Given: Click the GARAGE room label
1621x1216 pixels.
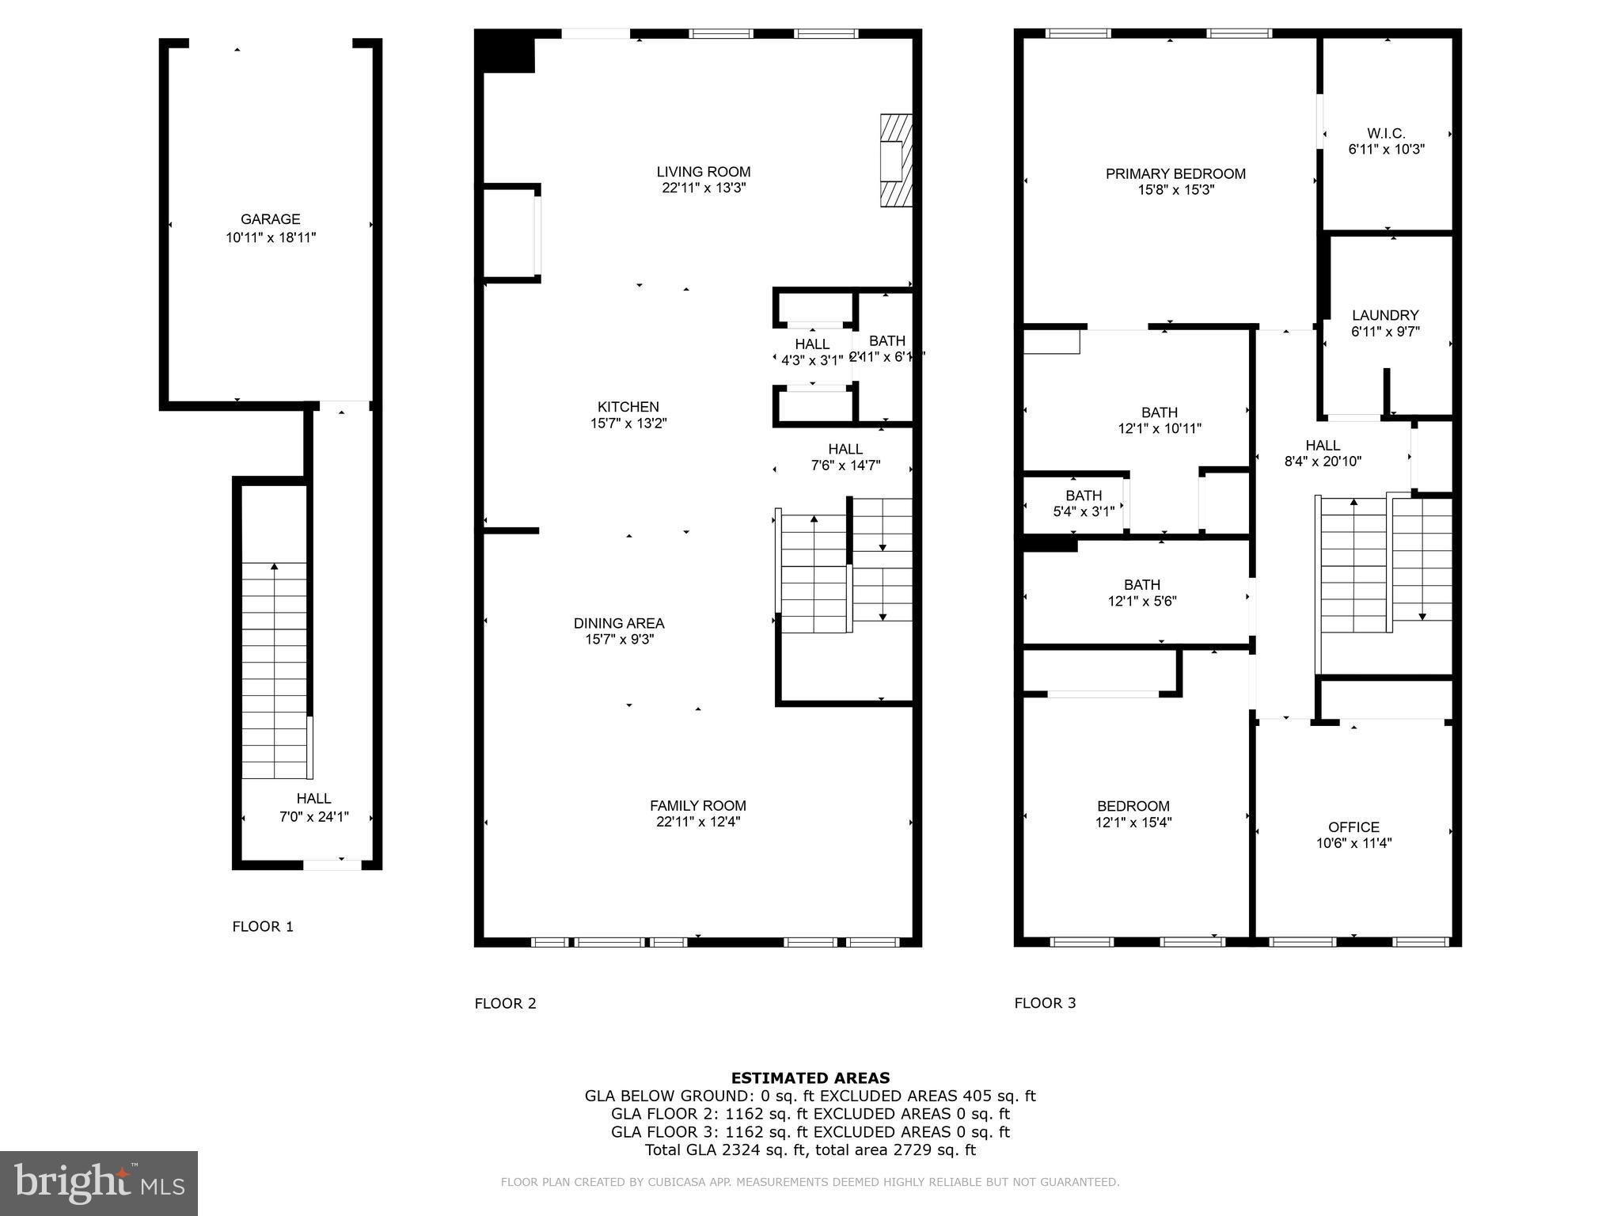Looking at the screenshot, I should [x=271, y=219].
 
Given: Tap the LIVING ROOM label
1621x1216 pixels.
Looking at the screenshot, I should [x=704, y=172].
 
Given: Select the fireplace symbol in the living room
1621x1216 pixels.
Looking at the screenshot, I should [x=895, y=161].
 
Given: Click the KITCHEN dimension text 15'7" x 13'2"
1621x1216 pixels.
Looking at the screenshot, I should [x=628, y=424].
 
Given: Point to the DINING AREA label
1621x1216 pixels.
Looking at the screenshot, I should [x=619, y=623].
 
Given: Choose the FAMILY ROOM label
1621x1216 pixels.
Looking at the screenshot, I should [x=698, y=805].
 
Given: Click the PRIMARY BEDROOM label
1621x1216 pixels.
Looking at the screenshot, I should [x=1175, y=173].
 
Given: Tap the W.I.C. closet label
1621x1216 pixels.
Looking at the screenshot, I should [x=1386, y=134].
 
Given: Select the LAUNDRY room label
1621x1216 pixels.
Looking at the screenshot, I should [x=1385, y=315].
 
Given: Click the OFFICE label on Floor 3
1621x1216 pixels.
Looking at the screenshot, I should [x=1353, y=826].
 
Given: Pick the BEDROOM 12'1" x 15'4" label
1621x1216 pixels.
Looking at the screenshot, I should [x=1133, y=806].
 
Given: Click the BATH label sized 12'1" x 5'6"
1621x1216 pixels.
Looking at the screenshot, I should [x=1141, y=584].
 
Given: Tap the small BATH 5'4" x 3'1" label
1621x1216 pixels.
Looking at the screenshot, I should [x=1084, y=496].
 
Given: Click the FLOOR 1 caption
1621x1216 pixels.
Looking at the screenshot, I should [x=263, y=926].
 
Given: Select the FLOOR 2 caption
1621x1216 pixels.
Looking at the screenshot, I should [x=505, y=1003].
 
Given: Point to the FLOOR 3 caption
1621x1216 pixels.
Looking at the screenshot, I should [x=1045, y=1003].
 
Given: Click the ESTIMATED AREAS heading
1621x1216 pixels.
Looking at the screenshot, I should [x=810, y=1077].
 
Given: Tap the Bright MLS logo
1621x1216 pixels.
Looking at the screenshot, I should [x=98, y=1183].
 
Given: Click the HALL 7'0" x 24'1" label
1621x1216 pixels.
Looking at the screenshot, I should [x=313, y=799].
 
